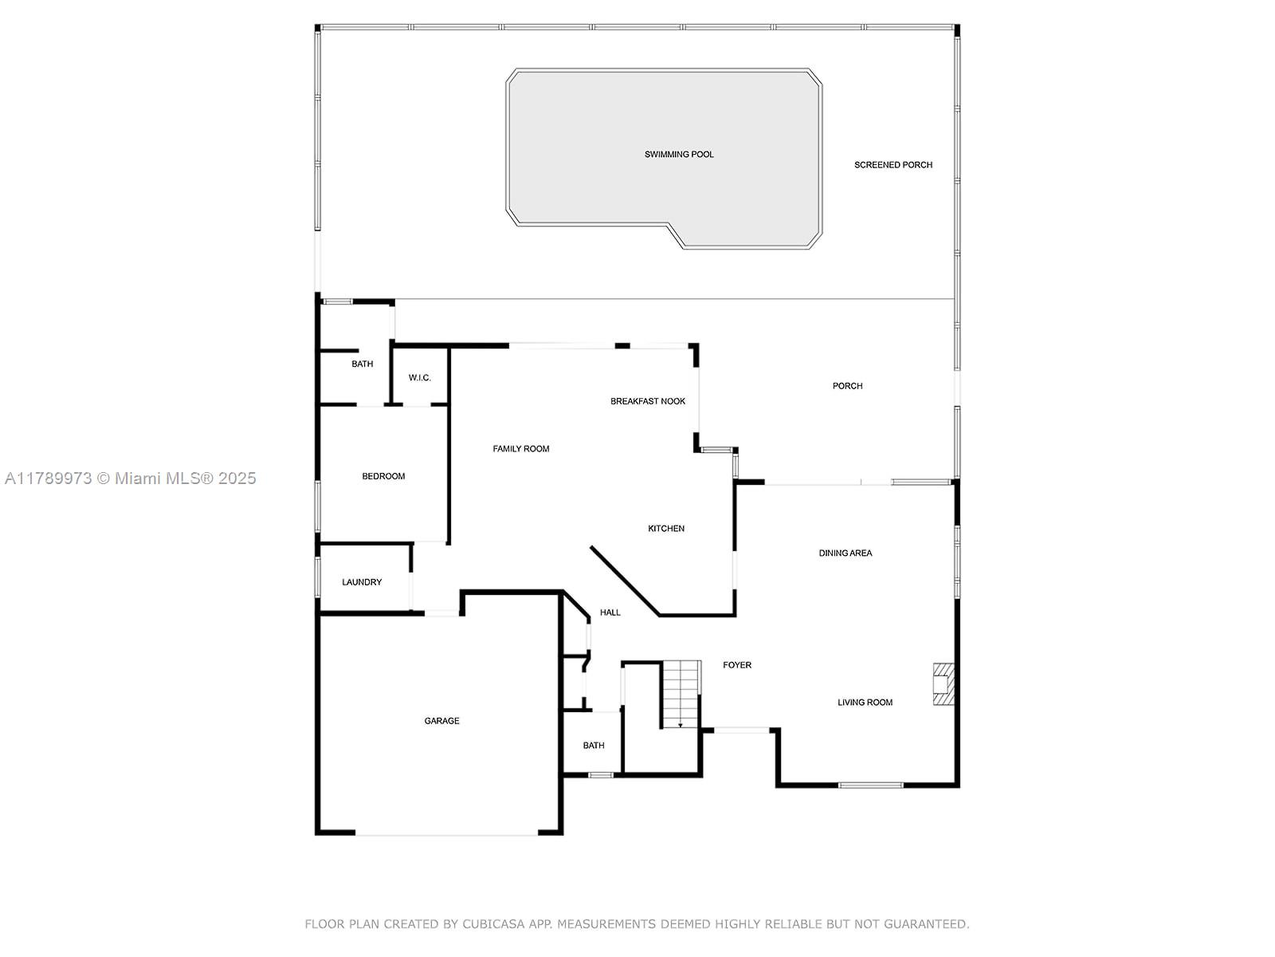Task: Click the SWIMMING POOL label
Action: point(678,155)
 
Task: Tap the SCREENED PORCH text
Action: point(892,165)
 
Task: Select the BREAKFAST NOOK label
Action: point(648,401)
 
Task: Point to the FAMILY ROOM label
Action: point(520,449)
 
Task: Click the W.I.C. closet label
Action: point(419,378)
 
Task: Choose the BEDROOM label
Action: point(383,476)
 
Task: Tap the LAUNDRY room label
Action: point(361,582)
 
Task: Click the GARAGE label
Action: point(441,721)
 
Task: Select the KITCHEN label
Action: point(665,529)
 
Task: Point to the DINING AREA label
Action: point(845,553)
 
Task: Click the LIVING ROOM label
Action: point(865,703)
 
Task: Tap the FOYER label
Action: point(736,665)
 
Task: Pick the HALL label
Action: point(610,612)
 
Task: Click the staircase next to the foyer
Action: point(681,694)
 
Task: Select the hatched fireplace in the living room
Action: point(943,684)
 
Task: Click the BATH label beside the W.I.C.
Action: point(362,364)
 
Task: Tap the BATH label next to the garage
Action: point(593,746)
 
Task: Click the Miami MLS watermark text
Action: point(130,478)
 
